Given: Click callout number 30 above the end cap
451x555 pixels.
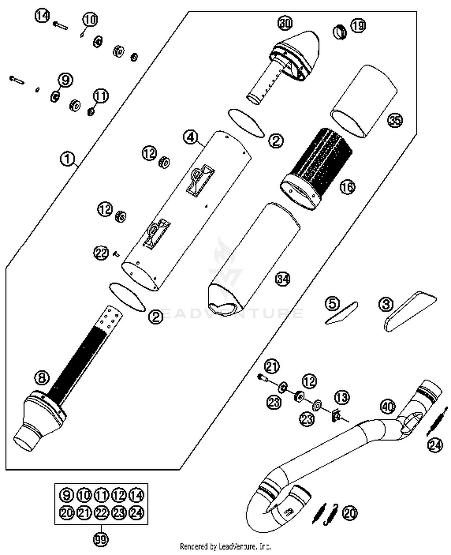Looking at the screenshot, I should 285,23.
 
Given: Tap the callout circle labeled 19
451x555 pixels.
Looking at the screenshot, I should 358,26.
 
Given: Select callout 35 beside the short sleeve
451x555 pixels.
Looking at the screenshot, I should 395,120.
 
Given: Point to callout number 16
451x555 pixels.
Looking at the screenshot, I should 347,187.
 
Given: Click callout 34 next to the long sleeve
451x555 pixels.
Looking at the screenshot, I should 283,279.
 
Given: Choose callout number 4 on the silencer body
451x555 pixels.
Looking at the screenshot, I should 191,137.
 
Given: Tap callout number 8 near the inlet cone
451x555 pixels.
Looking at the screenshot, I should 42,377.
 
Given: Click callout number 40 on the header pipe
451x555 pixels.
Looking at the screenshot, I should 388,407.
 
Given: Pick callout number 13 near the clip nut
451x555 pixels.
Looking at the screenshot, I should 342,397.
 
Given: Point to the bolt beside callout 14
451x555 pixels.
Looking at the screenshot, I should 60,26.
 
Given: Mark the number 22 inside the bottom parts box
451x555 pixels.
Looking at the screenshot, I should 101,513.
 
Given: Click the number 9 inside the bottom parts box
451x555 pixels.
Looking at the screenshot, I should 66,495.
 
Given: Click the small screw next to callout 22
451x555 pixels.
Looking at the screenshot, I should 116,255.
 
